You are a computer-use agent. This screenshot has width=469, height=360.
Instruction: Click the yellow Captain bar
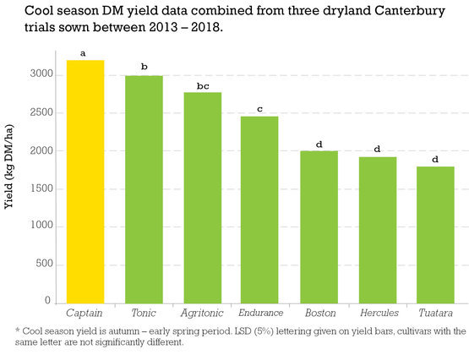pyautogui.click(x=85, y=182)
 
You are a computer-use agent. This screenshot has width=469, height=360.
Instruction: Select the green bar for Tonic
pyautogui.click(x=144, y=189)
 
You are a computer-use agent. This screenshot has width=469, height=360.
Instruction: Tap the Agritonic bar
pyautogui.click(x=202, y=198)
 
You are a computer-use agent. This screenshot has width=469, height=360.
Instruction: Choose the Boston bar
pyautogui.click(x=319, y=227)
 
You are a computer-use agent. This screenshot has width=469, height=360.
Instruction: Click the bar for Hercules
pyautogui.click(x=377, y=230)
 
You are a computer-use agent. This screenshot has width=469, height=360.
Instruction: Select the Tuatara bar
pyautogui.click(x=435, y=235)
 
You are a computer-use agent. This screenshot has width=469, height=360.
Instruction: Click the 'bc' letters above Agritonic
pyautogui.click(x=202, y=86)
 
